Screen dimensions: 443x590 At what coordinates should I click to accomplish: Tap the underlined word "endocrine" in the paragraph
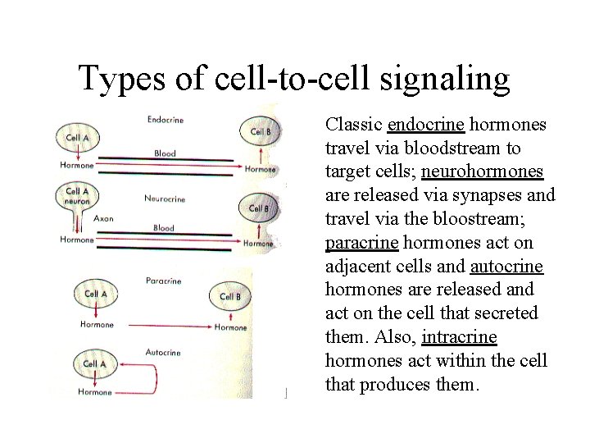[426, 126]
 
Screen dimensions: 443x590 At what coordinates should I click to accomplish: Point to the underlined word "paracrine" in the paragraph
[361, 243]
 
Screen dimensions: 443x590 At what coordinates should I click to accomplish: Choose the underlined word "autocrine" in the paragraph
[506, 267]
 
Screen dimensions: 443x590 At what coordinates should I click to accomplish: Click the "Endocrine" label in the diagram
[165, 120]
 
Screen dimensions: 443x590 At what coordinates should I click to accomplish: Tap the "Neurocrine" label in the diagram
[165, 198]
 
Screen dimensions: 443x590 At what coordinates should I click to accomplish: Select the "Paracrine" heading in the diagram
[163, 281]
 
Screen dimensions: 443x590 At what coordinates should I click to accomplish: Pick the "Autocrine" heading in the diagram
[164, 352]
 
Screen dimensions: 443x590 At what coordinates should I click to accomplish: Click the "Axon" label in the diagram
[104, 218]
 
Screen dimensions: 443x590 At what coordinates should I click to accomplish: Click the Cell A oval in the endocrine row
[78, 138]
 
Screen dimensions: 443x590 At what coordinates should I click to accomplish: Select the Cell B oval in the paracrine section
[230, 296]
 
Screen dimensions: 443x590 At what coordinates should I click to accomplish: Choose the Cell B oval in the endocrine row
[261, 130]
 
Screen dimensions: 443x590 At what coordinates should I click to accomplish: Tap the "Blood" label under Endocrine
[165, 153]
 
